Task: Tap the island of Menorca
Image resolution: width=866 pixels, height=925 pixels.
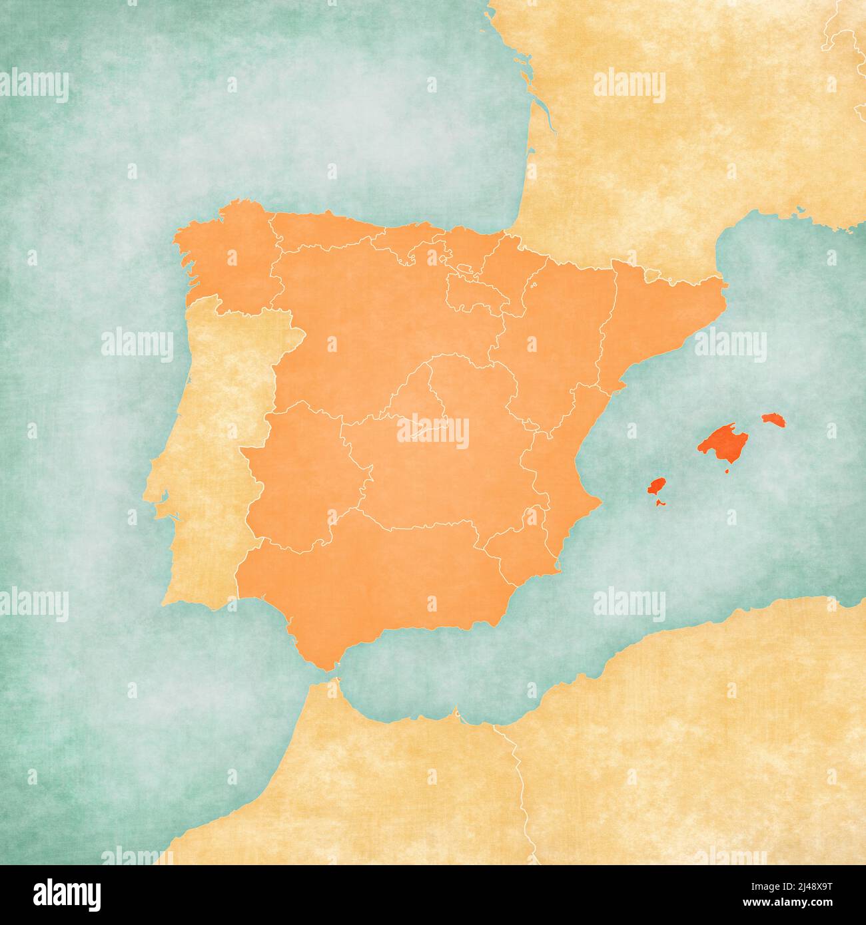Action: [774, 420]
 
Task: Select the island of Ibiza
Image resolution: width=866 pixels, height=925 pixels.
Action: [657, 486]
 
